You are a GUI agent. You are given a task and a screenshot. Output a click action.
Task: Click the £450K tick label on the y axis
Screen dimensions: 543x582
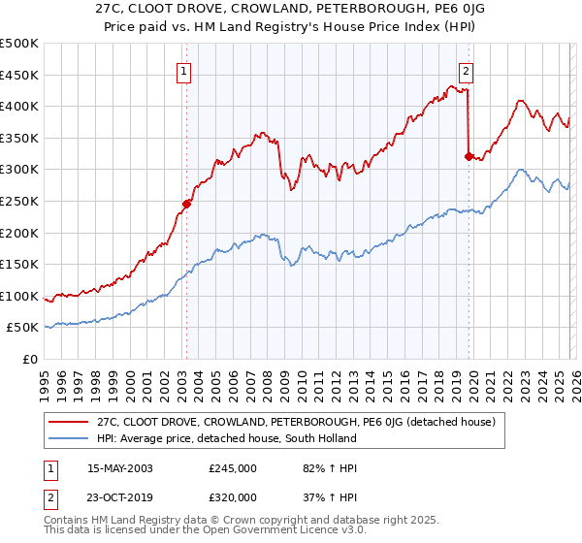pos(18,75)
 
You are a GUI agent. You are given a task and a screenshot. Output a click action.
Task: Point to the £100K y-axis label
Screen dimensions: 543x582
pos(18,297)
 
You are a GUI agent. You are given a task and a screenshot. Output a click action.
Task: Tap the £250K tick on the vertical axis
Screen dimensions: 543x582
pos(18,202)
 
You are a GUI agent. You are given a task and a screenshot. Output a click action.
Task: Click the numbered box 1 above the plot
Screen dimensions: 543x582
pos(183,70)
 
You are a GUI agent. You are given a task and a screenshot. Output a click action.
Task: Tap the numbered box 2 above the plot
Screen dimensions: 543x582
pos(467,70)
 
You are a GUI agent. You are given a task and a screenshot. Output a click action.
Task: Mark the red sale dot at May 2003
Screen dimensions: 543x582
pos(186,204)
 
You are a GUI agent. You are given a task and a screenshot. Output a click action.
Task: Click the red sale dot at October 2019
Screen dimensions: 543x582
pos(469,156)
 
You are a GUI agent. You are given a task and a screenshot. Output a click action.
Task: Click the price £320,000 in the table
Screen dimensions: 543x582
pos(233,496)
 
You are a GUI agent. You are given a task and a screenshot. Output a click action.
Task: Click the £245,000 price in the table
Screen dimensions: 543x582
pos(233,468)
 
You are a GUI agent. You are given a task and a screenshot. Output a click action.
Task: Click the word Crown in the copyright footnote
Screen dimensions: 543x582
pos(255,522)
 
